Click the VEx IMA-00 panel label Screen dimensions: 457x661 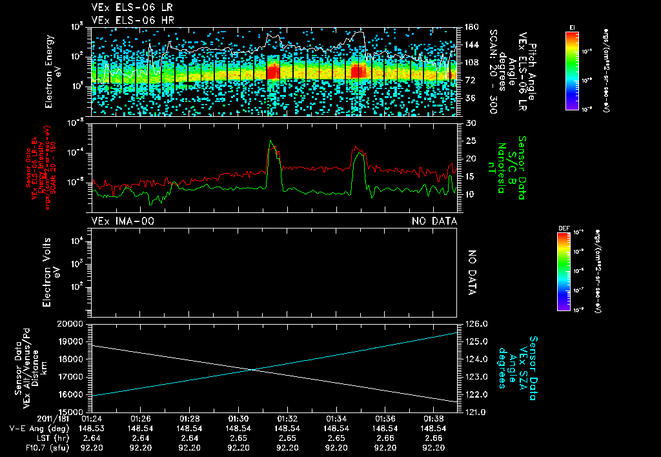click(x=123, y=221)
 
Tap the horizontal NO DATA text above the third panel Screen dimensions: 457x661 click(x=434, y=221)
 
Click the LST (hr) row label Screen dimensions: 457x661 click(x=50, y=438)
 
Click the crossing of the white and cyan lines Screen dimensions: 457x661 click(x=253, y=370)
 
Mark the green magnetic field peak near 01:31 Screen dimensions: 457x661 click(x=271, y=141)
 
